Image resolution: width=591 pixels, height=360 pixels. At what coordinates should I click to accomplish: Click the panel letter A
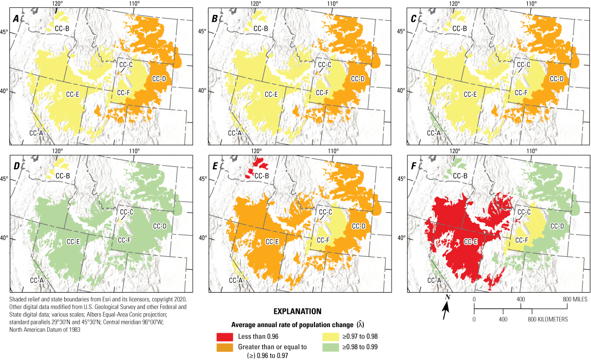click(x=16, y=19)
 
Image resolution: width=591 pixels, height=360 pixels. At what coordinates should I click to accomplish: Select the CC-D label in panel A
click(x=159, y=79)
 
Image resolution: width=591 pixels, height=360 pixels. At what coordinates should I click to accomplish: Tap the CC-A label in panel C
click(x=434, y=133)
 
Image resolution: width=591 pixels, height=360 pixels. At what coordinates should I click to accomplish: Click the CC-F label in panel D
click(x=123, y=240)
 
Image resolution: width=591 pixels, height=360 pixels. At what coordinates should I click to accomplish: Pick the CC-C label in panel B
click(x=325, y=65)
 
